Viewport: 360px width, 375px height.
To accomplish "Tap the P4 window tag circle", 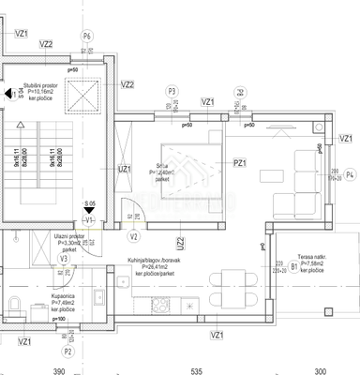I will tap(350, 174).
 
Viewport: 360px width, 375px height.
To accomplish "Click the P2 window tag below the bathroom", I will tap(67, 352).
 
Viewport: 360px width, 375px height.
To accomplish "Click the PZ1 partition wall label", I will tap(240, 163).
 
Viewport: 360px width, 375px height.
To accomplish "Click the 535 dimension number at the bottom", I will tap(196, 370).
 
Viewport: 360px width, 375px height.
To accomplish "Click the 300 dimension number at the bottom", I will tap(320, 370).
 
